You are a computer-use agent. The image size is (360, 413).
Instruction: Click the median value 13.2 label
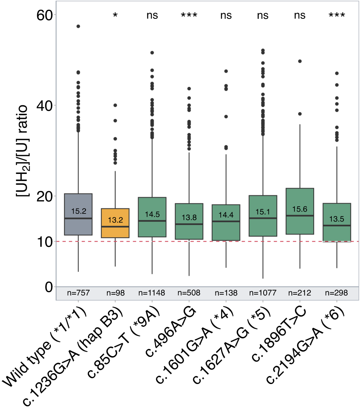click(115, 220)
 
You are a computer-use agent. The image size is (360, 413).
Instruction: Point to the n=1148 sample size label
click(152, 293)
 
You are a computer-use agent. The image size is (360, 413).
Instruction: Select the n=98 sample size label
click(115, 293)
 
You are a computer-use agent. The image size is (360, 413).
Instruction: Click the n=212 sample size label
click(300, 293)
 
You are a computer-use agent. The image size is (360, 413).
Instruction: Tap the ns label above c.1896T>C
click(300, 15)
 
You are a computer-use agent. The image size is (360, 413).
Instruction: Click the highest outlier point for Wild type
click(78, 26)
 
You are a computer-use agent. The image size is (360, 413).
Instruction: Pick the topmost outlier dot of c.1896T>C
click(300, 61)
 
